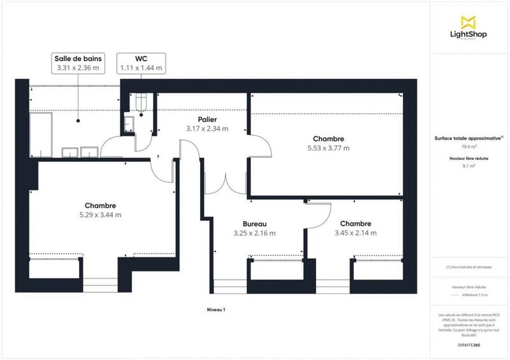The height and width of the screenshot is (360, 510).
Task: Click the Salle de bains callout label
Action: coord(78,62)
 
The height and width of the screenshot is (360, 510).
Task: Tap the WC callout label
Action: coord(141,62)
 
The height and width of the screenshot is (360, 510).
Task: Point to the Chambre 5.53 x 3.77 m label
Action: coord(328,143)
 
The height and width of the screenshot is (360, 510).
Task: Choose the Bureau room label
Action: coord(254,229)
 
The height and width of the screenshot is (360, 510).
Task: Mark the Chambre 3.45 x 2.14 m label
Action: coord(355,228)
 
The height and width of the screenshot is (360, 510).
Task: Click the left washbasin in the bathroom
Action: coord(69,152)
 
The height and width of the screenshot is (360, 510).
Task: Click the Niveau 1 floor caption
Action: coord(216,309)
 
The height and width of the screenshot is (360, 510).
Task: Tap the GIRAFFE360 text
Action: coord(469,343)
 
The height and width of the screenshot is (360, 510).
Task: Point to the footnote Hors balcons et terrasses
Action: coord(469,267)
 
